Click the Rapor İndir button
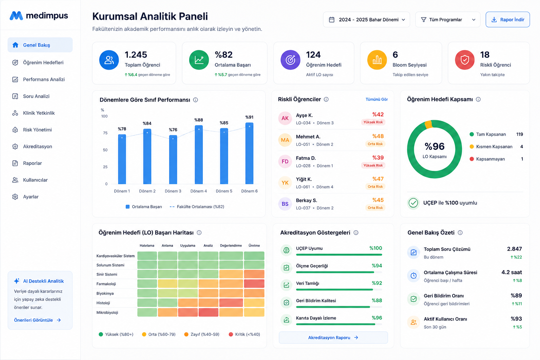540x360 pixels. point(507,20)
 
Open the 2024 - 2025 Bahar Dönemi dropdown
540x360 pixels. point(366,20)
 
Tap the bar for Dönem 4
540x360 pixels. point(199,155)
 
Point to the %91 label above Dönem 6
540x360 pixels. point(249,117)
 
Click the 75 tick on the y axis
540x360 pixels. point(105,133)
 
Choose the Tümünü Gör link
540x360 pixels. point(377,99)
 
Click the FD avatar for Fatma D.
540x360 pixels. point(285,161)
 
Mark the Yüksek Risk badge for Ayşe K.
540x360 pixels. point(373,122)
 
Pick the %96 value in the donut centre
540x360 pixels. point(435,146)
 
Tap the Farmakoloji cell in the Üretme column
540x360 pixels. point(254,284)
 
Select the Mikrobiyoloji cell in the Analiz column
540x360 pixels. point(208,312)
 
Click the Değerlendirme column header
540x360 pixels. point(231,245)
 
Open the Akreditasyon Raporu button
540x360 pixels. point(333,337)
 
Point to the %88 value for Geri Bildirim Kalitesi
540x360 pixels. point(377,301)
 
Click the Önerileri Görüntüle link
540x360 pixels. point(37,320)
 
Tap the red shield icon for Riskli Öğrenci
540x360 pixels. point(464,60)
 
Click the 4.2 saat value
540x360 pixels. point(512,272)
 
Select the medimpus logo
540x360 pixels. point(39,16)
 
